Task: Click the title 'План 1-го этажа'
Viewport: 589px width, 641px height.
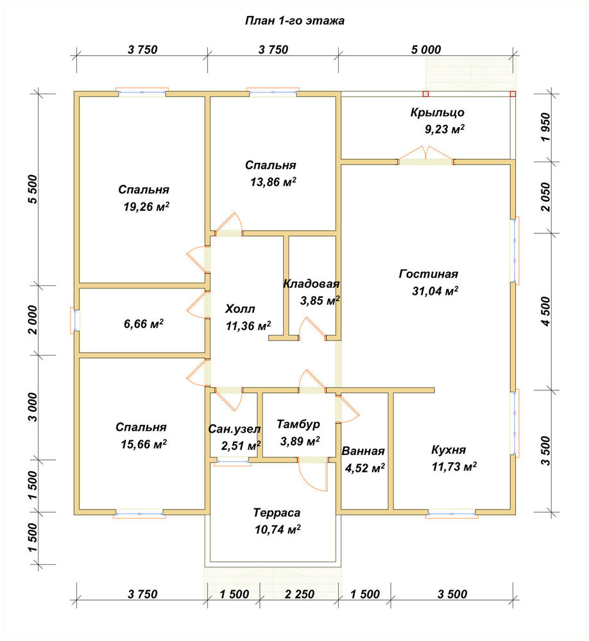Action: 294,21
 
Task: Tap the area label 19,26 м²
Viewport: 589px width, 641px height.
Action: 146,206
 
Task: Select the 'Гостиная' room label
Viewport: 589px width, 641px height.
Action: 429,274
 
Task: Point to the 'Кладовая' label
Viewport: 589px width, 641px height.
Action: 311,284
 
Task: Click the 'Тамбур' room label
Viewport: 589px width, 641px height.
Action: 298,424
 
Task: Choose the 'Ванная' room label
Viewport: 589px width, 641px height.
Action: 363,451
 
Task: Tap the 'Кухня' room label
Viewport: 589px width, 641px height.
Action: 448,450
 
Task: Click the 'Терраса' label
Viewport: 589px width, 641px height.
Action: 277,513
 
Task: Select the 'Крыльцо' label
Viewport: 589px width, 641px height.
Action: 438,112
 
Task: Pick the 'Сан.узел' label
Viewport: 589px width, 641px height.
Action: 234,429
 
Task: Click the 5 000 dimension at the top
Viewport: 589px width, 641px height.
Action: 426,50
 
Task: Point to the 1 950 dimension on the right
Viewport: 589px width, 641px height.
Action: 546,127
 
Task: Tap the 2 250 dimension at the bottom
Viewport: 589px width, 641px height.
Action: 300,594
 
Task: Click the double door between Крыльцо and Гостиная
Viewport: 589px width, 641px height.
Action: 425,157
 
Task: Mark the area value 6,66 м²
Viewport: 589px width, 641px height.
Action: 144,324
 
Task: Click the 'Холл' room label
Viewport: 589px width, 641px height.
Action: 240,309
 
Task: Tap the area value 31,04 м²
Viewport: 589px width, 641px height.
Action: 434,291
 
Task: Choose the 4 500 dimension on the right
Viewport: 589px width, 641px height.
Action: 546,312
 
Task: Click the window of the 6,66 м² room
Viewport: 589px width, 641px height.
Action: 75,320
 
